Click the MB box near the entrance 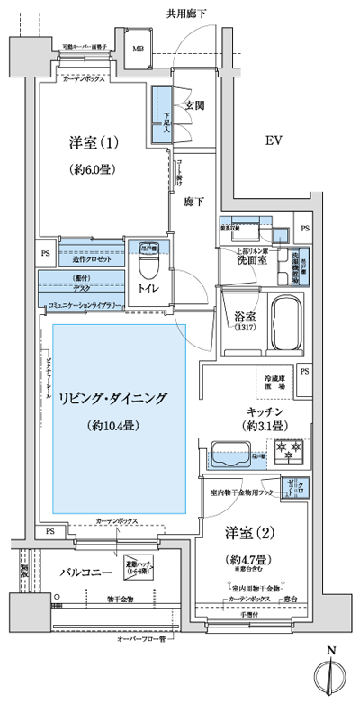point(141,50)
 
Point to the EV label point(274,140)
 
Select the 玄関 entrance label point(194,105)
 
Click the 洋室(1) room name point(93,142)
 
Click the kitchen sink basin point(229,453)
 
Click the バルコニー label point(85,571)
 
